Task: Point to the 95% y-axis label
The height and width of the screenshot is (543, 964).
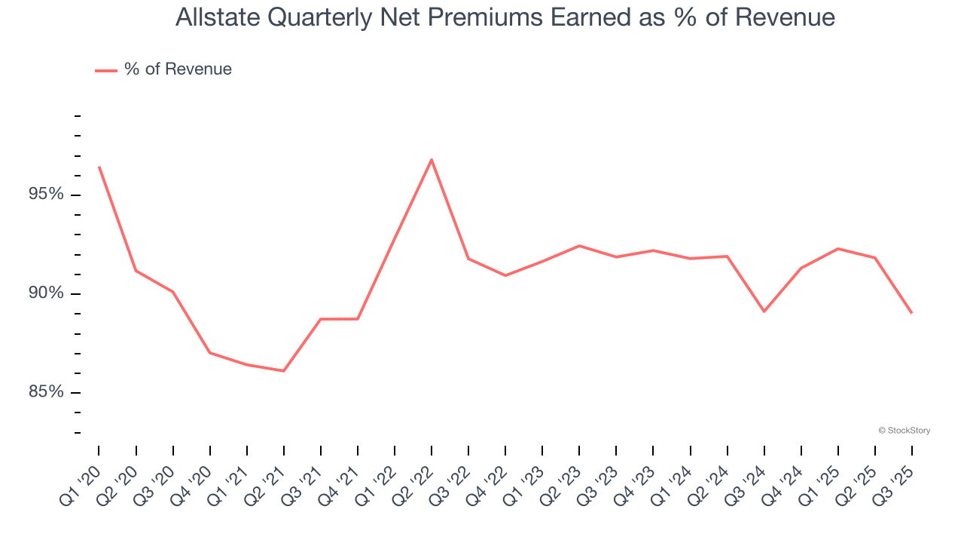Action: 46,195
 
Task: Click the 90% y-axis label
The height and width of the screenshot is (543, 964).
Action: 46,293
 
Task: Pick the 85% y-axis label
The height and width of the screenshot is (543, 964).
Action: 46,392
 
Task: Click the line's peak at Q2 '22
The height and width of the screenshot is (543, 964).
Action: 432,160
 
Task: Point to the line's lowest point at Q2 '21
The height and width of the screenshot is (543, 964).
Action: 284,371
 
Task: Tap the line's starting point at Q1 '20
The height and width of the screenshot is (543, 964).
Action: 99,167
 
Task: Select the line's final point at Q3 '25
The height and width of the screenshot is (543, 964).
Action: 912,313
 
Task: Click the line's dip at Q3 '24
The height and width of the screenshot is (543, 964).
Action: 764,311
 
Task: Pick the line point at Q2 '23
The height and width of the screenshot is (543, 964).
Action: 579,246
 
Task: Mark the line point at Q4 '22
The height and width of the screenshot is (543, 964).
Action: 505,275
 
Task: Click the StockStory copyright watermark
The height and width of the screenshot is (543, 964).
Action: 904,431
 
